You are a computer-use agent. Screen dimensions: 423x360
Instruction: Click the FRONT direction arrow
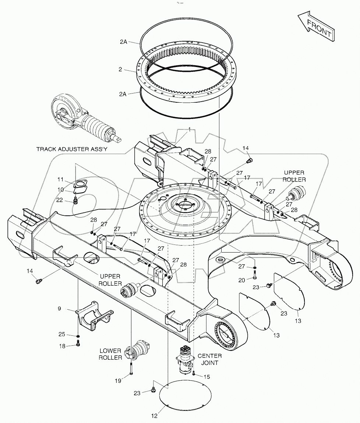[x=315, y=27]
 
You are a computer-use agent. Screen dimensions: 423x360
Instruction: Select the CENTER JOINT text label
[x=209, y=359]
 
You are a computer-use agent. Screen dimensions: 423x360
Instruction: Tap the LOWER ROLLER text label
[x=110, y=354]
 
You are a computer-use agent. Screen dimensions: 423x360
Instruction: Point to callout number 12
[x=154, y=416]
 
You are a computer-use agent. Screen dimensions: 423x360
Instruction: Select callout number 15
[x=207, y=377]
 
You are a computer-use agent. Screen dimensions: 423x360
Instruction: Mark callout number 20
[x=241, y=280]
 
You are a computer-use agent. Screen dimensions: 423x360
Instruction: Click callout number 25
[x=62, y=334]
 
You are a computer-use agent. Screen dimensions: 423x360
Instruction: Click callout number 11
[x=60, y=179]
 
